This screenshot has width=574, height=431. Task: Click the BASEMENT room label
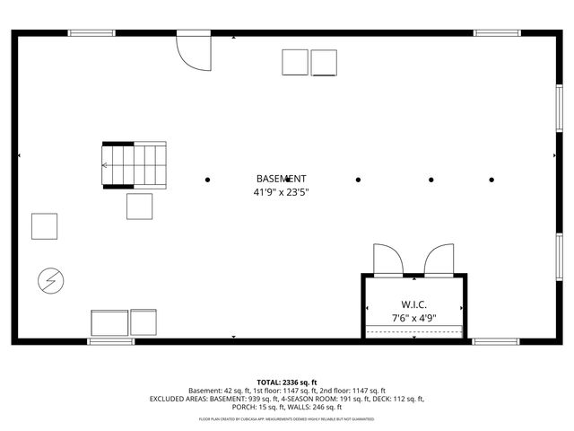(282, 179)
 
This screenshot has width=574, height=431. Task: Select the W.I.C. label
(413, 304)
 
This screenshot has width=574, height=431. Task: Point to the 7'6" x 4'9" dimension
(413, 318)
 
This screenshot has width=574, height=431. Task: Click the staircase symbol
(135, 165)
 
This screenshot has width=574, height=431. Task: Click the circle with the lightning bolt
(49, 281)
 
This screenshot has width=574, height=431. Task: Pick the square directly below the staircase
(140, 207)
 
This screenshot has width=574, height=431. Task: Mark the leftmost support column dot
(208, 180)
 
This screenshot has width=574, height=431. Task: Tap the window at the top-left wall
(91, 33)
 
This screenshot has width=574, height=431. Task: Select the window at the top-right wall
(498, 33)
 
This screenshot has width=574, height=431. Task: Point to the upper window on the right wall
(559, 104)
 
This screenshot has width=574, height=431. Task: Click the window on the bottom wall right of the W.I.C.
(496, 341)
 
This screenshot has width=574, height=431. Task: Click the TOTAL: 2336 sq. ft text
(287, 382)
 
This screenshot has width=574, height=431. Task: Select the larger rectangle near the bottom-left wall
(109, 322)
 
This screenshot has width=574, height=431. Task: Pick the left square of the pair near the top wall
(295, 62)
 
